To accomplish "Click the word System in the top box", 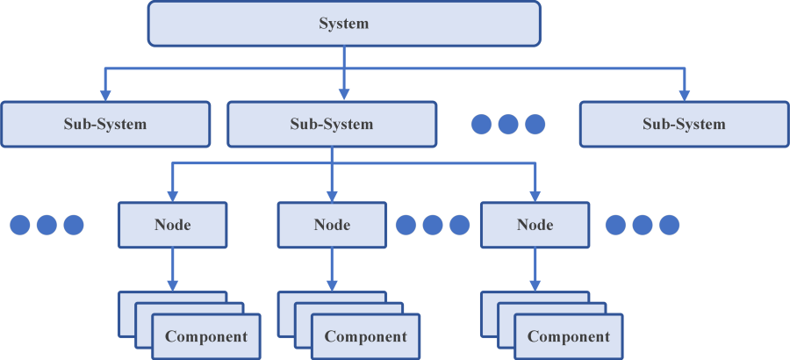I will [343, 24].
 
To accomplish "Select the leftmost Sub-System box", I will [105, 124].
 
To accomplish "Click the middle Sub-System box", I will [332, 124].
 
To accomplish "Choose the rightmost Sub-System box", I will [684, 124].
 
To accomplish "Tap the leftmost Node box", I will [172, 225].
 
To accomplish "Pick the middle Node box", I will [332, 225].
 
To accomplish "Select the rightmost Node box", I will [535, 225].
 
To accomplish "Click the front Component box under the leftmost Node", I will [206, 336].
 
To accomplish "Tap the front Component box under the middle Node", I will [365, 336].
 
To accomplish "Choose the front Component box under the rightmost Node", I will [569, 336].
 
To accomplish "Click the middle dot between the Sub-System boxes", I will [507, 124].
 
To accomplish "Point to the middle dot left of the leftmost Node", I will [47, 225].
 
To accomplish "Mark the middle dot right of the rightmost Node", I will [643, 225].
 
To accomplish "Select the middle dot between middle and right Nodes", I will [432, 225].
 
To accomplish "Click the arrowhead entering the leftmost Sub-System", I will [105, 96].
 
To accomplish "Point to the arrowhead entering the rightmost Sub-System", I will [684, 96].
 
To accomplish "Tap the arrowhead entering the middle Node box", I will [332, 197].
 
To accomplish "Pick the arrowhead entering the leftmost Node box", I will [172, 197].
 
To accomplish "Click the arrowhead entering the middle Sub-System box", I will [343, 96].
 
